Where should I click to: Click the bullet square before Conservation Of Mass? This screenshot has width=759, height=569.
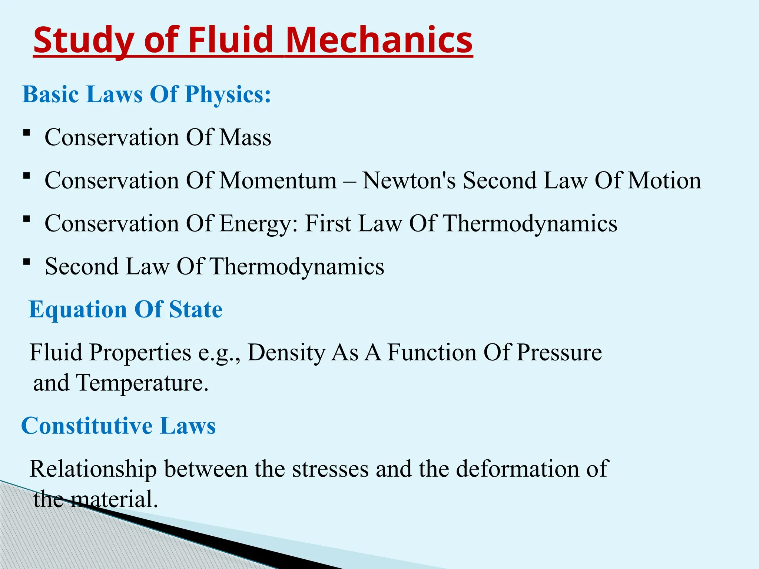[x=26, y=133]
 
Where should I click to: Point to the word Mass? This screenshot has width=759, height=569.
[x=245, y=137]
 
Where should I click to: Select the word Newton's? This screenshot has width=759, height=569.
[x=409, y=181]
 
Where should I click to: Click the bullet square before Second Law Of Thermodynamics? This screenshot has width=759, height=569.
[x=26, y=262]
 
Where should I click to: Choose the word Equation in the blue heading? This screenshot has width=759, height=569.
[x=78, y=310]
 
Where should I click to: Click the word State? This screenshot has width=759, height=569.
[x=196, y=309]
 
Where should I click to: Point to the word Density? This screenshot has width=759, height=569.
[x=286, y=353]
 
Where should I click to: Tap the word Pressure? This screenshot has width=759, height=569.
[x=559, y=352]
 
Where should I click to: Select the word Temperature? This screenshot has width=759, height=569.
[x=142, y=383]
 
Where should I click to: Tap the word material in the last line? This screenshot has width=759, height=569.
[x=114, y=499]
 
